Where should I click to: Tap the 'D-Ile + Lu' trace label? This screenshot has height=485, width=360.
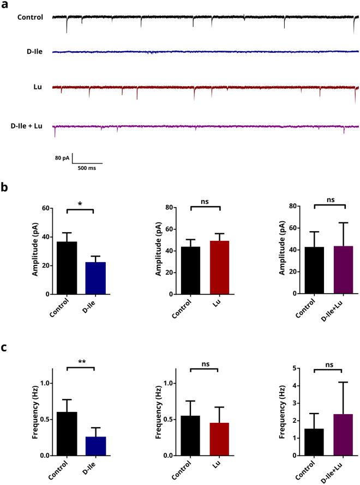tap(27, 126)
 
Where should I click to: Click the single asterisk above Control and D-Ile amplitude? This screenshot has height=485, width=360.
tap(80, 204)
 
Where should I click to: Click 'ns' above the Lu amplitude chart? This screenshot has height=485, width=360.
tap(205, 202)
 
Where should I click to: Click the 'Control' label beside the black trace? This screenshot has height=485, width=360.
tap(30, 17)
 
